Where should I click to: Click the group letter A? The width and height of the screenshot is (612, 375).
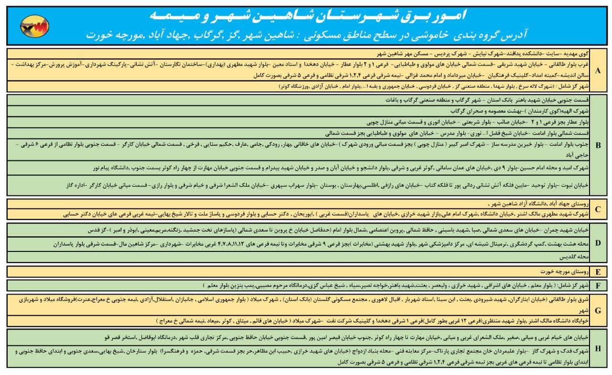click(x=598, y=70)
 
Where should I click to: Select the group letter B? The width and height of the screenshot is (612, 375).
click(x=598, y=144)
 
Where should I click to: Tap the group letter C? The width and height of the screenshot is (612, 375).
click(x=598, y=209)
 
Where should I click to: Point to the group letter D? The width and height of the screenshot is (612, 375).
click(x=598, y=243)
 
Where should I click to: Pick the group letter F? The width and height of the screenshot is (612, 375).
click(x=598, y=286)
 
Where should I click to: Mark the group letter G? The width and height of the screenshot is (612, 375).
click(x=598, y=310)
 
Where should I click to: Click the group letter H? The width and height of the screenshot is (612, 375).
click(x=598, y=348)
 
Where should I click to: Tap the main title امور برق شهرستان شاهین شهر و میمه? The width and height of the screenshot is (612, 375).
click(x=306, y=15)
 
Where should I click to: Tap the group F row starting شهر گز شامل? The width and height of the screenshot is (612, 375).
click(x=430, y=286)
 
